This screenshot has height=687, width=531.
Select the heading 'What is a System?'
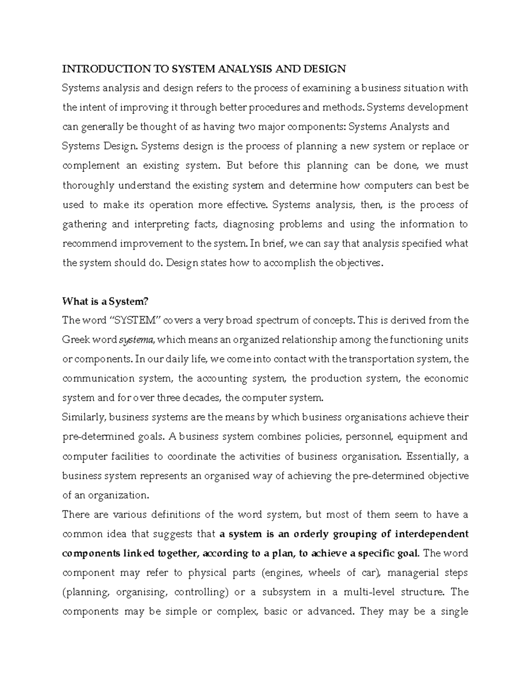(x=105, y=301)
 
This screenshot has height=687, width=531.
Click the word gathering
(x=85, y=224)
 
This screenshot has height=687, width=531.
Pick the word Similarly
(x=84, y=417)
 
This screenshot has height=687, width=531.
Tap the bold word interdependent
(x=431, y=533)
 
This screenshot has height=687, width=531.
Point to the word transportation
(x=376, y=359)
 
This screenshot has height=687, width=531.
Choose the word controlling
(x=201, y=592)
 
